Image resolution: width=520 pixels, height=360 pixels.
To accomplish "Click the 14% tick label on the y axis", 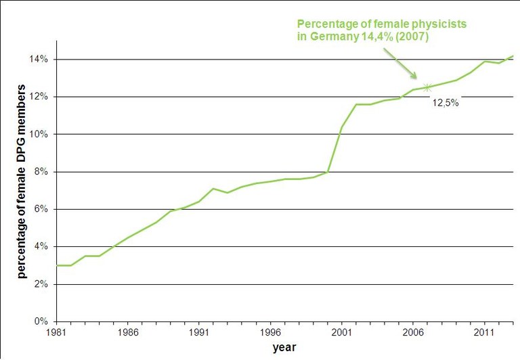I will coord(38,60).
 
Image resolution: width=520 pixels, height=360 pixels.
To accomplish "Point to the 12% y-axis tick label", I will coord(38,97).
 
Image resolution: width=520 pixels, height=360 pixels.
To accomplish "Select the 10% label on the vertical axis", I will coord(38,134).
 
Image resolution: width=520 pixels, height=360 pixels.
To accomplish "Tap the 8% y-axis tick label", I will coord(40,172).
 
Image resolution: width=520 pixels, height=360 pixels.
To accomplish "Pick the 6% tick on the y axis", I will coord(40,209).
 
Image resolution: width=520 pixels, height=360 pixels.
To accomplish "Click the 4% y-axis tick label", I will coord(40,247).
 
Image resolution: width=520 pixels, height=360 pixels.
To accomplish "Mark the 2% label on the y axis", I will coord(40,284).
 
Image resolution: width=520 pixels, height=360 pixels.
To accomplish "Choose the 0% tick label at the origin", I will coord(40,321).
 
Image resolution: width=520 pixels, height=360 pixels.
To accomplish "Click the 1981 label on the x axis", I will coord(56,333).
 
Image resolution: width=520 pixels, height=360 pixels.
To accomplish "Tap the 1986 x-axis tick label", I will coord(128,333).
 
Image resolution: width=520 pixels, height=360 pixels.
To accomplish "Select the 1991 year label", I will coord(198,333).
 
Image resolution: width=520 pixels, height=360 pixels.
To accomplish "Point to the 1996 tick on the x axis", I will coord(270,333).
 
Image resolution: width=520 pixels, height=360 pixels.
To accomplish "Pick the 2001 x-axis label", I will coord(341,333).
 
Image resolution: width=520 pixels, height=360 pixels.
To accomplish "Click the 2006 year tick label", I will coord(412,333).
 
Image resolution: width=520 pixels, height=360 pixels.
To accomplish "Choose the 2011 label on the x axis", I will coord(483,333).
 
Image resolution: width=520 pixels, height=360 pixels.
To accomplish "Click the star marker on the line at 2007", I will coord(427,87).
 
